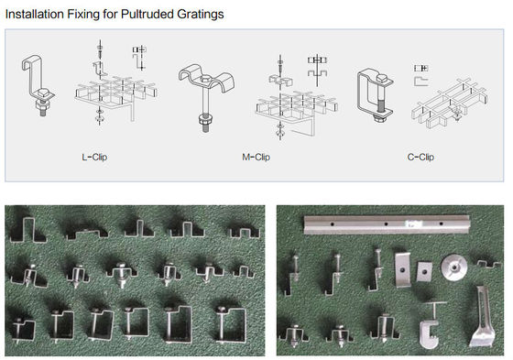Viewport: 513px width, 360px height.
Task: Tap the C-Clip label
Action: click(420, 158)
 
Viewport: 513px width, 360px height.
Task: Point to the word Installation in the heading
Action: click(38, 15)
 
